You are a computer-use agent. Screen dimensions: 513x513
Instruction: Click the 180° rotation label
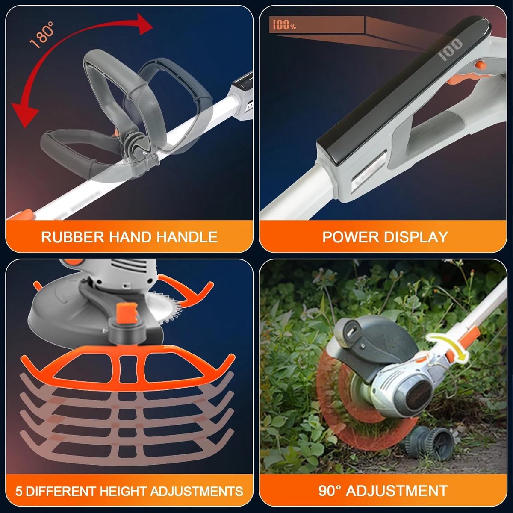[42, 35]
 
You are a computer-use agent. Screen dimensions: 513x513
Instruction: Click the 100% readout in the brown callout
[284, 25]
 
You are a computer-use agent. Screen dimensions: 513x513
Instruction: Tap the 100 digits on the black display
[451, 50]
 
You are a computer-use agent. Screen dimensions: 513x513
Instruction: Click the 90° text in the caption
[330, 491]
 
